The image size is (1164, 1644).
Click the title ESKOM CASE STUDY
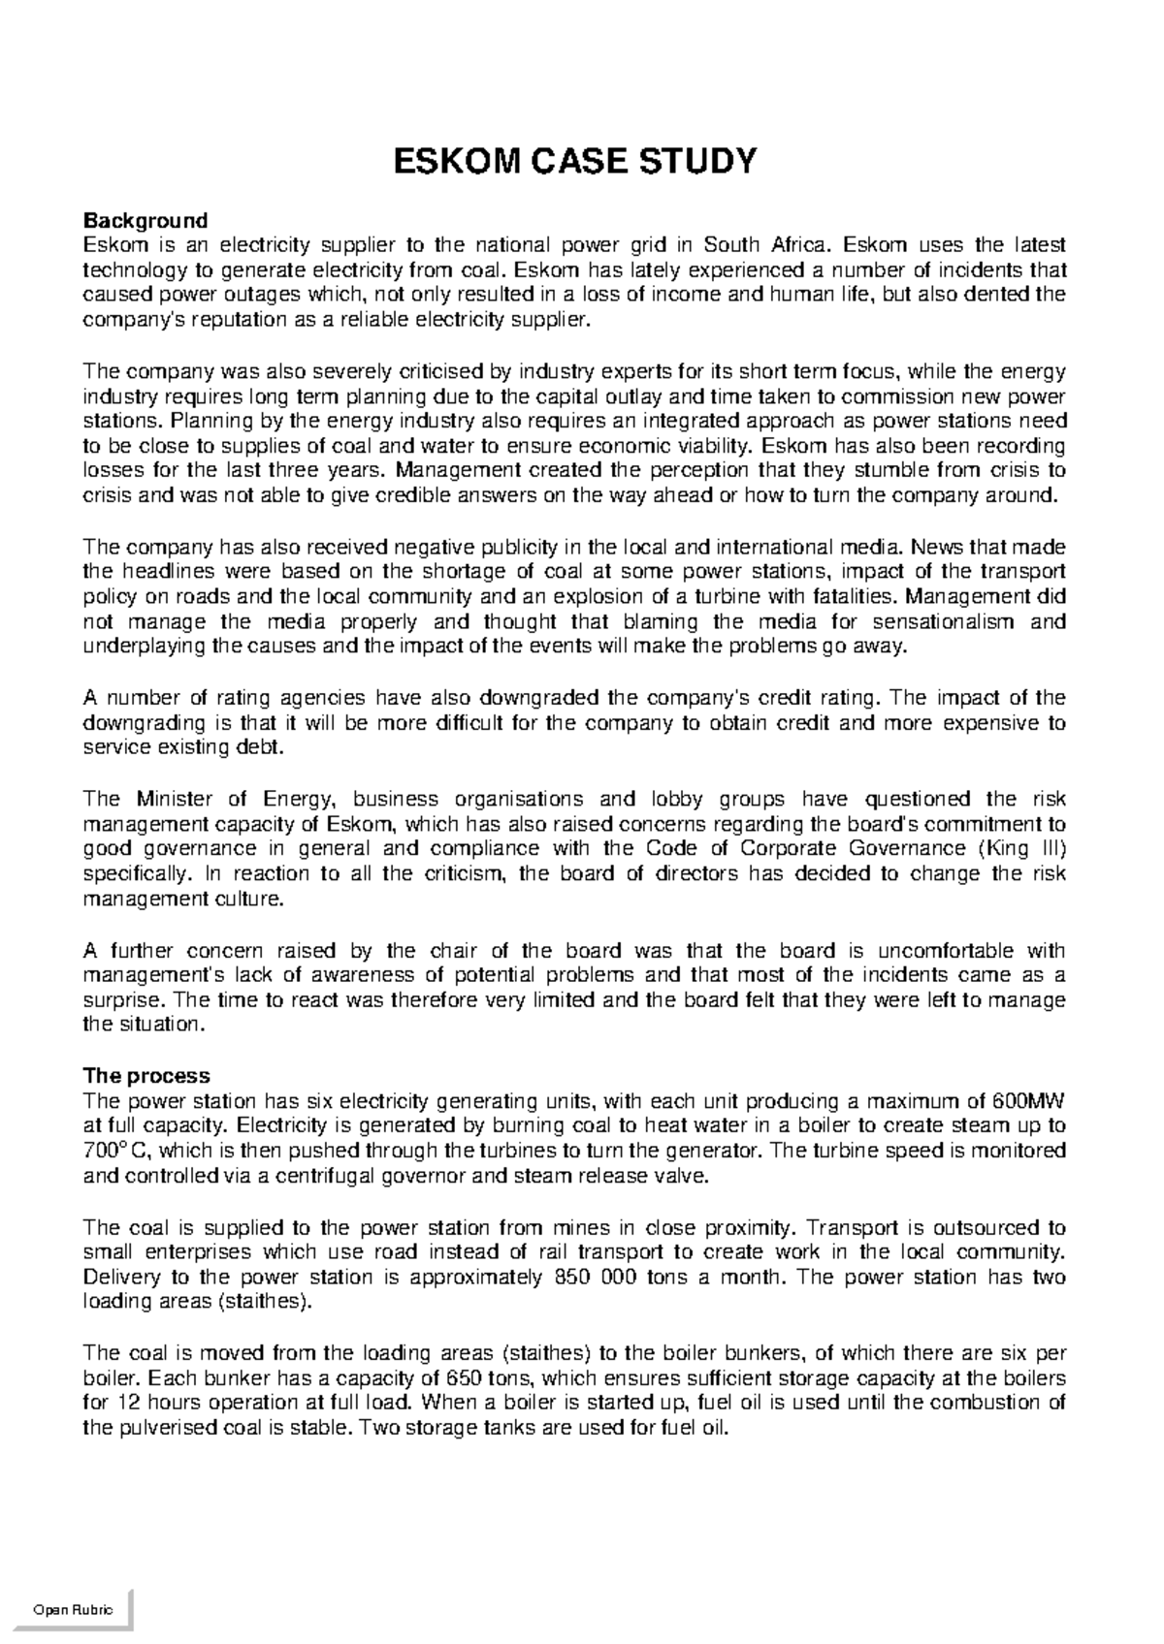click(572, 161)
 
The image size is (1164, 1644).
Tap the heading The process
click(146, 1075)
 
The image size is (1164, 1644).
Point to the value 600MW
click(1030, 1101)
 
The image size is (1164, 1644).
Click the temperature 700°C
click(115, 1152)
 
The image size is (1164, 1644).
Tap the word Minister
click(175, 799)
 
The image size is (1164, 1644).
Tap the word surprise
click(122, 1000)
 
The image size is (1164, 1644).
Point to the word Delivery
click(119, 1277)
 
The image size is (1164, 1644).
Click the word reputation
click(228, 320)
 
